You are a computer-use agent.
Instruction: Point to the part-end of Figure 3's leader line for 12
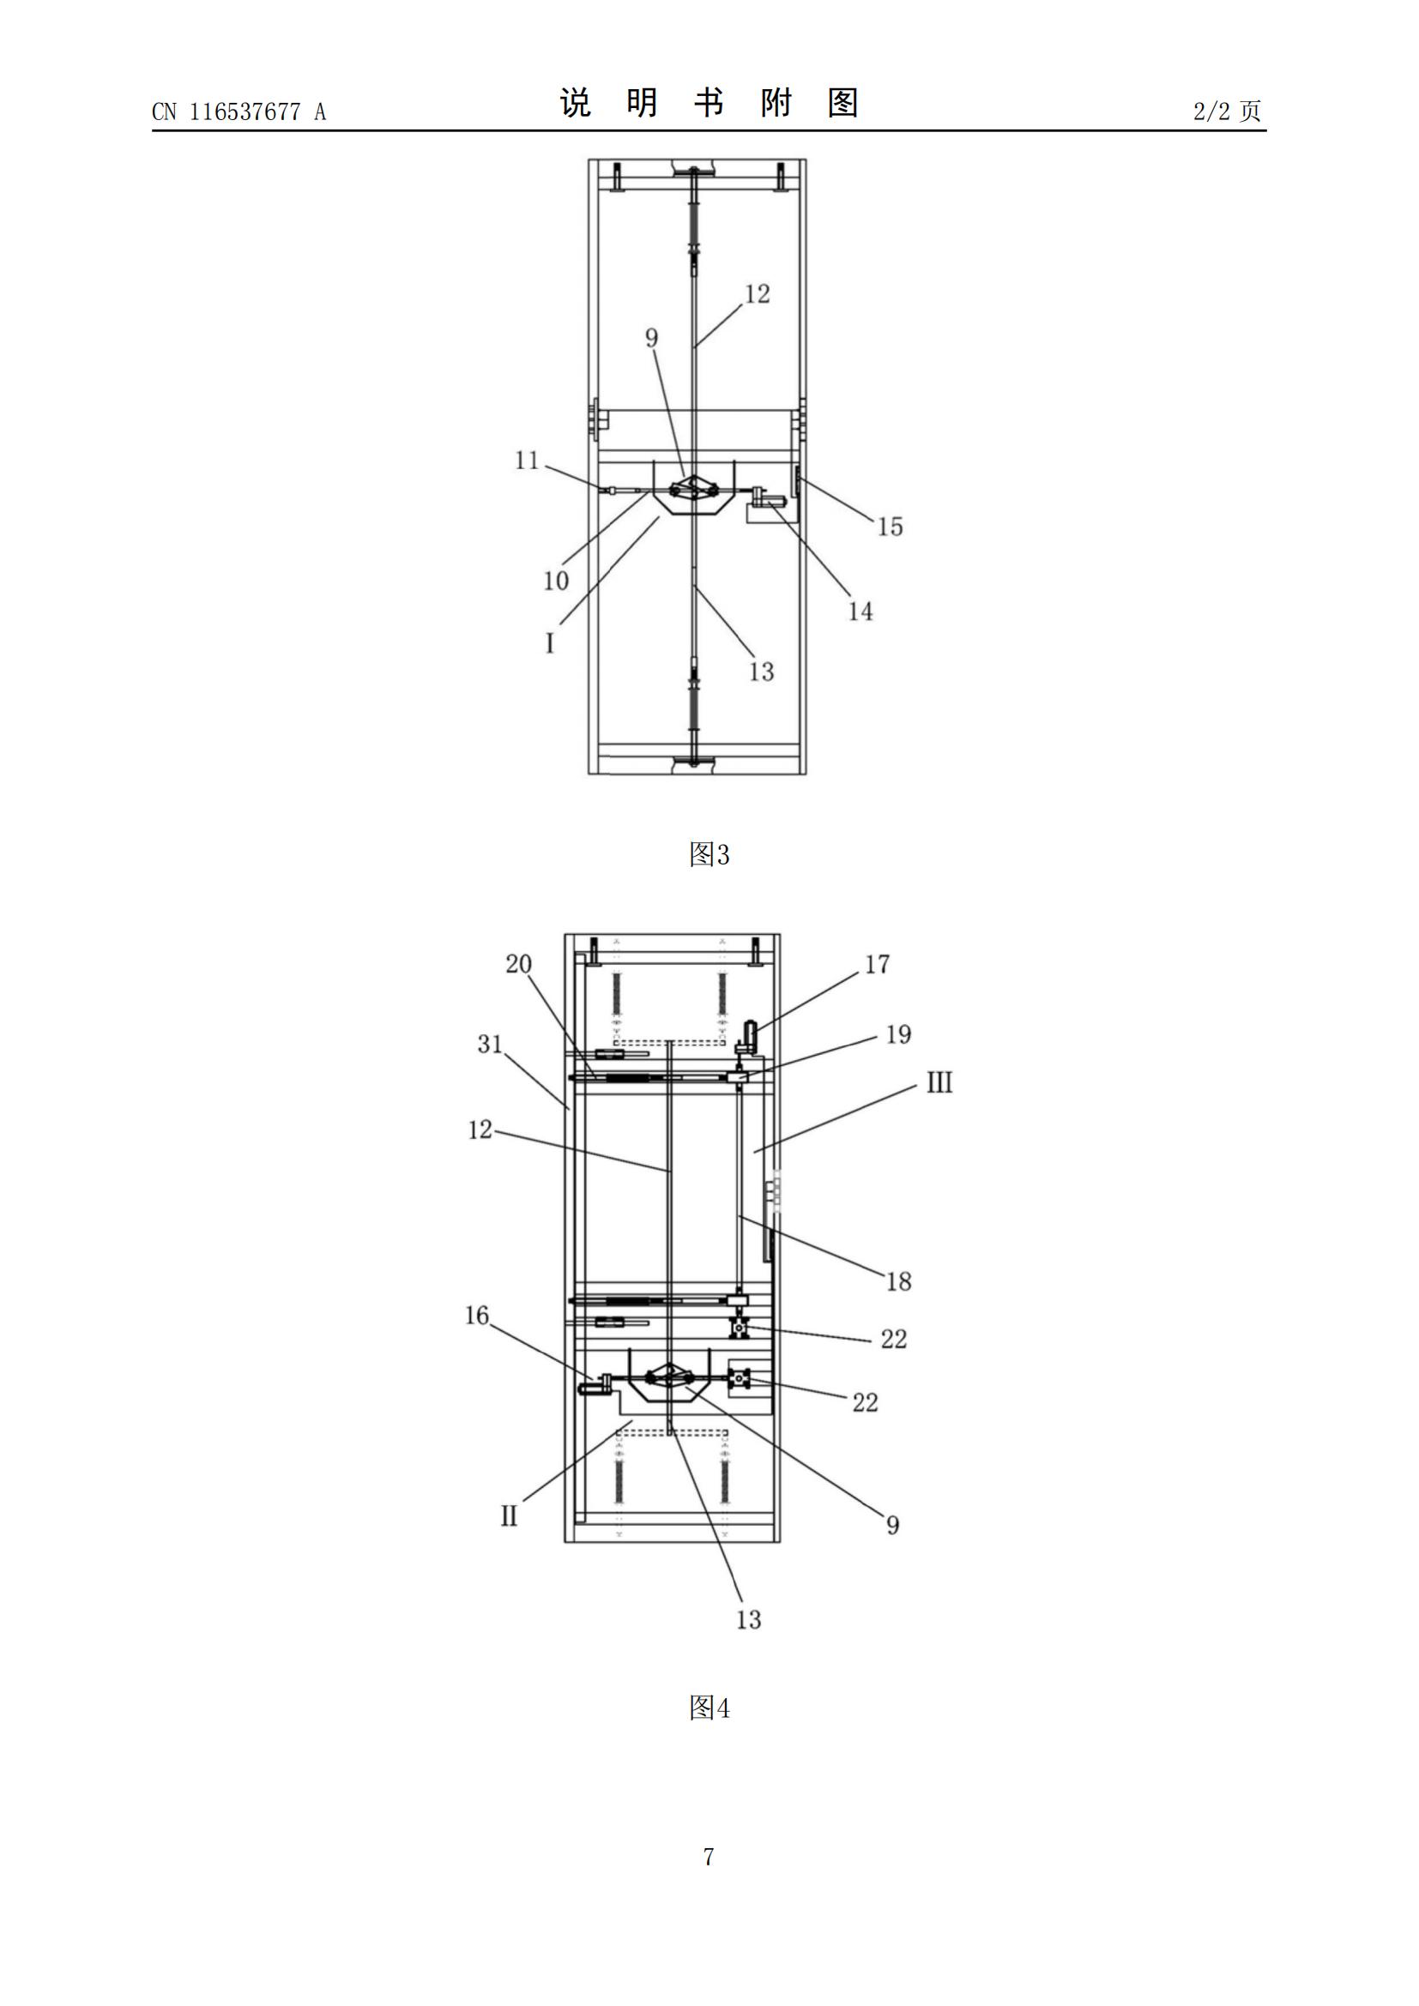(695, 347)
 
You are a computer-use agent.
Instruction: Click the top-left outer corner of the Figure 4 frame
(565, 934)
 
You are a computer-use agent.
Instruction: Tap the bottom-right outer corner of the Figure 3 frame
(806, 774)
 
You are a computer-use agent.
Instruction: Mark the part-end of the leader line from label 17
(753, 1032)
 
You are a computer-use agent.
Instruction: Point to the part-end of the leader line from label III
(755, 1153)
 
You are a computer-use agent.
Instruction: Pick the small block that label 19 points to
(740, 1079)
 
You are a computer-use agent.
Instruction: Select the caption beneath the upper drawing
(709, 854)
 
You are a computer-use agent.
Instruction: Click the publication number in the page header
(239, 111)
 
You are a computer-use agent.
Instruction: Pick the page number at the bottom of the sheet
(709, 1857)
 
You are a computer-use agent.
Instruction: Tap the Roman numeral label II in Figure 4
(510, 1515)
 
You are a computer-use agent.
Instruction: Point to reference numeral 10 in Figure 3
(556, 580)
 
